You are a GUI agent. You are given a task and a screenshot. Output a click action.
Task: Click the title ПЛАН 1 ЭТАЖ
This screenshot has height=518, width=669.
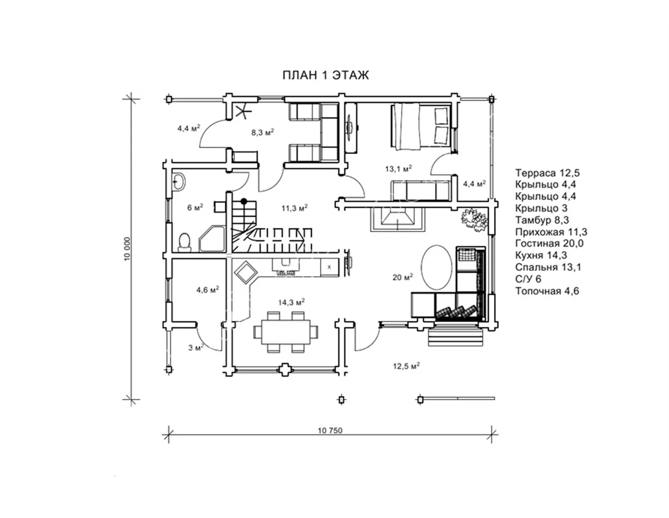326,75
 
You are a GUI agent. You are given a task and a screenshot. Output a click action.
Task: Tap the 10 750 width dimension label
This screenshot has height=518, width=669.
330,430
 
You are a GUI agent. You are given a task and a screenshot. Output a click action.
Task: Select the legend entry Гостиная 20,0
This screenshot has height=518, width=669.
550,243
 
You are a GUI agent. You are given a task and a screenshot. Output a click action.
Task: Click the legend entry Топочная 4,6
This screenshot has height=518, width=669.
547,291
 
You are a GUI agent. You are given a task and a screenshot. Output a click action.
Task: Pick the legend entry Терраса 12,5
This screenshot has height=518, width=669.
548,173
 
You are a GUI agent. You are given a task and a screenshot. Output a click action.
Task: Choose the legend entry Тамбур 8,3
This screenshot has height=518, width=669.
542,220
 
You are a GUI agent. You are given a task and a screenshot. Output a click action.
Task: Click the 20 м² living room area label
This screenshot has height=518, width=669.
403,277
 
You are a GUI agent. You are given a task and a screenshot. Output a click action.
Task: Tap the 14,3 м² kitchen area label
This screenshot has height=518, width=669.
292,302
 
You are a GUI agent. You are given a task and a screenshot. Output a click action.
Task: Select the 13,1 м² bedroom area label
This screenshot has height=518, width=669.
398,168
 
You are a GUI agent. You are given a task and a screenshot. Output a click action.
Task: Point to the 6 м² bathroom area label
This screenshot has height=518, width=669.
195,207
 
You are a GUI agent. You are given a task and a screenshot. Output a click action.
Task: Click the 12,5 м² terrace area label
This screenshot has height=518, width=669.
406,366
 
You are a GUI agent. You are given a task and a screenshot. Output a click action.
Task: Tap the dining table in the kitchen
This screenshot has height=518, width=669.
286,332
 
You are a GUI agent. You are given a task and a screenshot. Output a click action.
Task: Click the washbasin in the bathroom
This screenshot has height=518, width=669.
178,182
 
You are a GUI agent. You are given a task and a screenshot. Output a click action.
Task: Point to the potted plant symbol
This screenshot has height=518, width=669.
474,220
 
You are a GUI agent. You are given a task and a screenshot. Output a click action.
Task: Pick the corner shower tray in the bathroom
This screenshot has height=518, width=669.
212,239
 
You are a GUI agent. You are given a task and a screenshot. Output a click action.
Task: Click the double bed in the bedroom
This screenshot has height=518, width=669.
421,127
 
